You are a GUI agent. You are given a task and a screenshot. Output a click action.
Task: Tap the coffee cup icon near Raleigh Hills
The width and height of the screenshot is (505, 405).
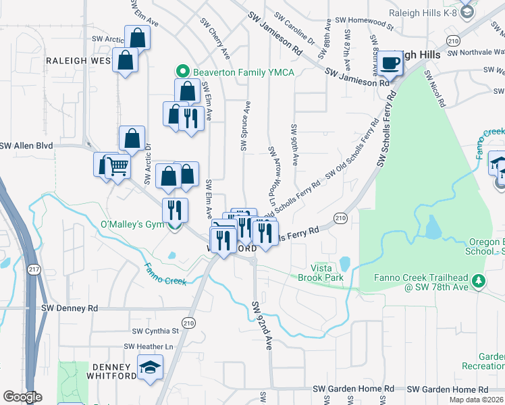pos(390,63)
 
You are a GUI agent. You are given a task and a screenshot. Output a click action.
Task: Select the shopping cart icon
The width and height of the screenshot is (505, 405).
pos(117,165)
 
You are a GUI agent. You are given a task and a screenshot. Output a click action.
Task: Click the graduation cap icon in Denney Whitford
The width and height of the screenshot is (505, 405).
pos(151,367)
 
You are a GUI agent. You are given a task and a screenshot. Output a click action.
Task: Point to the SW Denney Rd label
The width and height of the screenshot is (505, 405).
pos(70,308)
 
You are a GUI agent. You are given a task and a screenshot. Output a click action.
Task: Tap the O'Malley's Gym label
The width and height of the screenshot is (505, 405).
pos(132,224)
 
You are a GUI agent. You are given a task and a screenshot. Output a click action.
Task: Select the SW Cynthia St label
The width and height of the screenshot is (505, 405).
pos(155,331)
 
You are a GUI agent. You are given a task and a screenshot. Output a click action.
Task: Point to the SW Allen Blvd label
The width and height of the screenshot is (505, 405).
pos(26,145)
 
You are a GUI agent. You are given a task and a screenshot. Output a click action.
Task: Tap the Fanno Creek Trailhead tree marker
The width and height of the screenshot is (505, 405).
pos(478,279)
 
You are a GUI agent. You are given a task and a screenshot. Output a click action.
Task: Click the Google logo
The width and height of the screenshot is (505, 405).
pos(22,397)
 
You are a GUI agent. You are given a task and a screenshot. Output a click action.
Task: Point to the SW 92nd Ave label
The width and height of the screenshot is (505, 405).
pos(262,325)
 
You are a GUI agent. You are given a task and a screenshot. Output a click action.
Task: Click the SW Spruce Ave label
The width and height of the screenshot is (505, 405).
pos(246,126)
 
